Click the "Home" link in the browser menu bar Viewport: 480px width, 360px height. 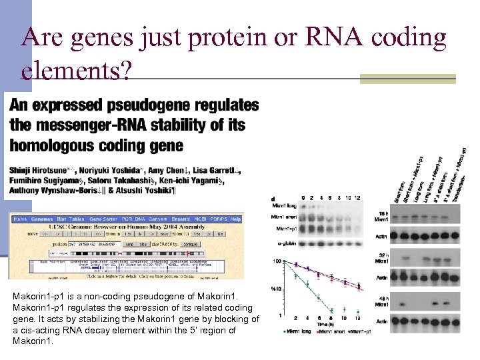pyautogui.click(x=21, y=219)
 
